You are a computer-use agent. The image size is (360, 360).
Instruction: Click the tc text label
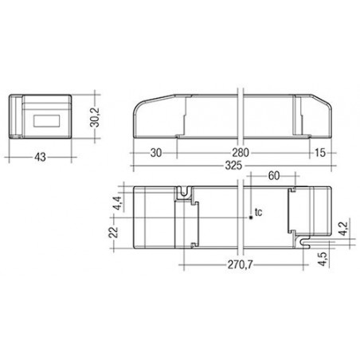258,212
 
